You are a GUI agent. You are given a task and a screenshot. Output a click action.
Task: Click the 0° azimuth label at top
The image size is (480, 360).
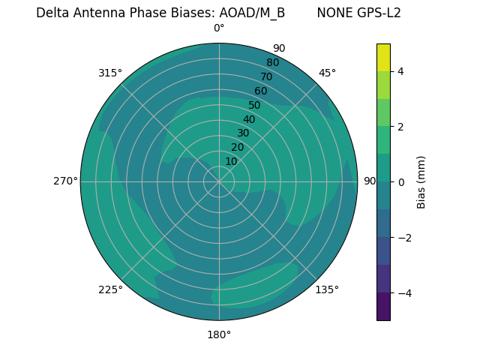pyautogui.click(x=219, y=28)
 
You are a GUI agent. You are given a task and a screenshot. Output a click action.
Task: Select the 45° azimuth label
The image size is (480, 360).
pyautogui.click(x=327, y=73)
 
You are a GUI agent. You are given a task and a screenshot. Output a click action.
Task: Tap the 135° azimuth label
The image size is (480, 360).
pyautogui.click(x=327, y=289)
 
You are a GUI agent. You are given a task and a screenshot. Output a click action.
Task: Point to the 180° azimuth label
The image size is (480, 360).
pyautogui.click(x=219, y=334)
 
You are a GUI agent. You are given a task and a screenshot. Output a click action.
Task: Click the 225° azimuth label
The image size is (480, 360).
pyautogui.click(x=110, y=289)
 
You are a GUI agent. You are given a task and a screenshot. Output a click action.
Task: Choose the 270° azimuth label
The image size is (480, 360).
pyautogui.click(x=65, y=181)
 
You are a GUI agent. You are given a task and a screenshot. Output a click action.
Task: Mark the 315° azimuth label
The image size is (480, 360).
pyautogui.click(x=110, y=73)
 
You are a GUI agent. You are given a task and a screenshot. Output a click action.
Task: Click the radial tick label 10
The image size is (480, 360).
pyautogui.click(x=231, y=161)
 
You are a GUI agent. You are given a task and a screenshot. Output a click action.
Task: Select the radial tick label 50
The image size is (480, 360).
pyautogui.click(x=254, y=106)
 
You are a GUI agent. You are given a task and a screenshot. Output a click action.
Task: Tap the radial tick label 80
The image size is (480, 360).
pyautogui.click(x=272, y=63)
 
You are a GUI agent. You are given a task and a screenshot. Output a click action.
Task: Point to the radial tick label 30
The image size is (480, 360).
pyautogui.click(x=243, y=133)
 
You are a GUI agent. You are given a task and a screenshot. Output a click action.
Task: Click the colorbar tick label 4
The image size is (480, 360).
pyautogui.click(x=400, y=71)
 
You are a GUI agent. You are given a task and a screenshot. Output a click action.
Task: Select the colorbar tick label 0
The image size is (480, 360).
pyautogui.click(x=400, y=182)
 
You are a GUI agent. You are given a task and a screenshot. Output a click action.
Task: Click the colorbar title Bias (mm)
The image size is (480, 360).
pyautogui.click(x=421, y=181)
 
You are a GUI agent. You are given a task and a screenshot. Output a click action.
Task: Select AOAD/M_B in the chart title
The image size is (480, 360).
pyautogui.click(x=252, y=13)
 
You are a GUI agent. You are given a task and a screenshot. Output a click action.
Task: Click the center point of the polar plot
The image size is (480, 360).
pyautogui.click(x=219, y=181)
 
